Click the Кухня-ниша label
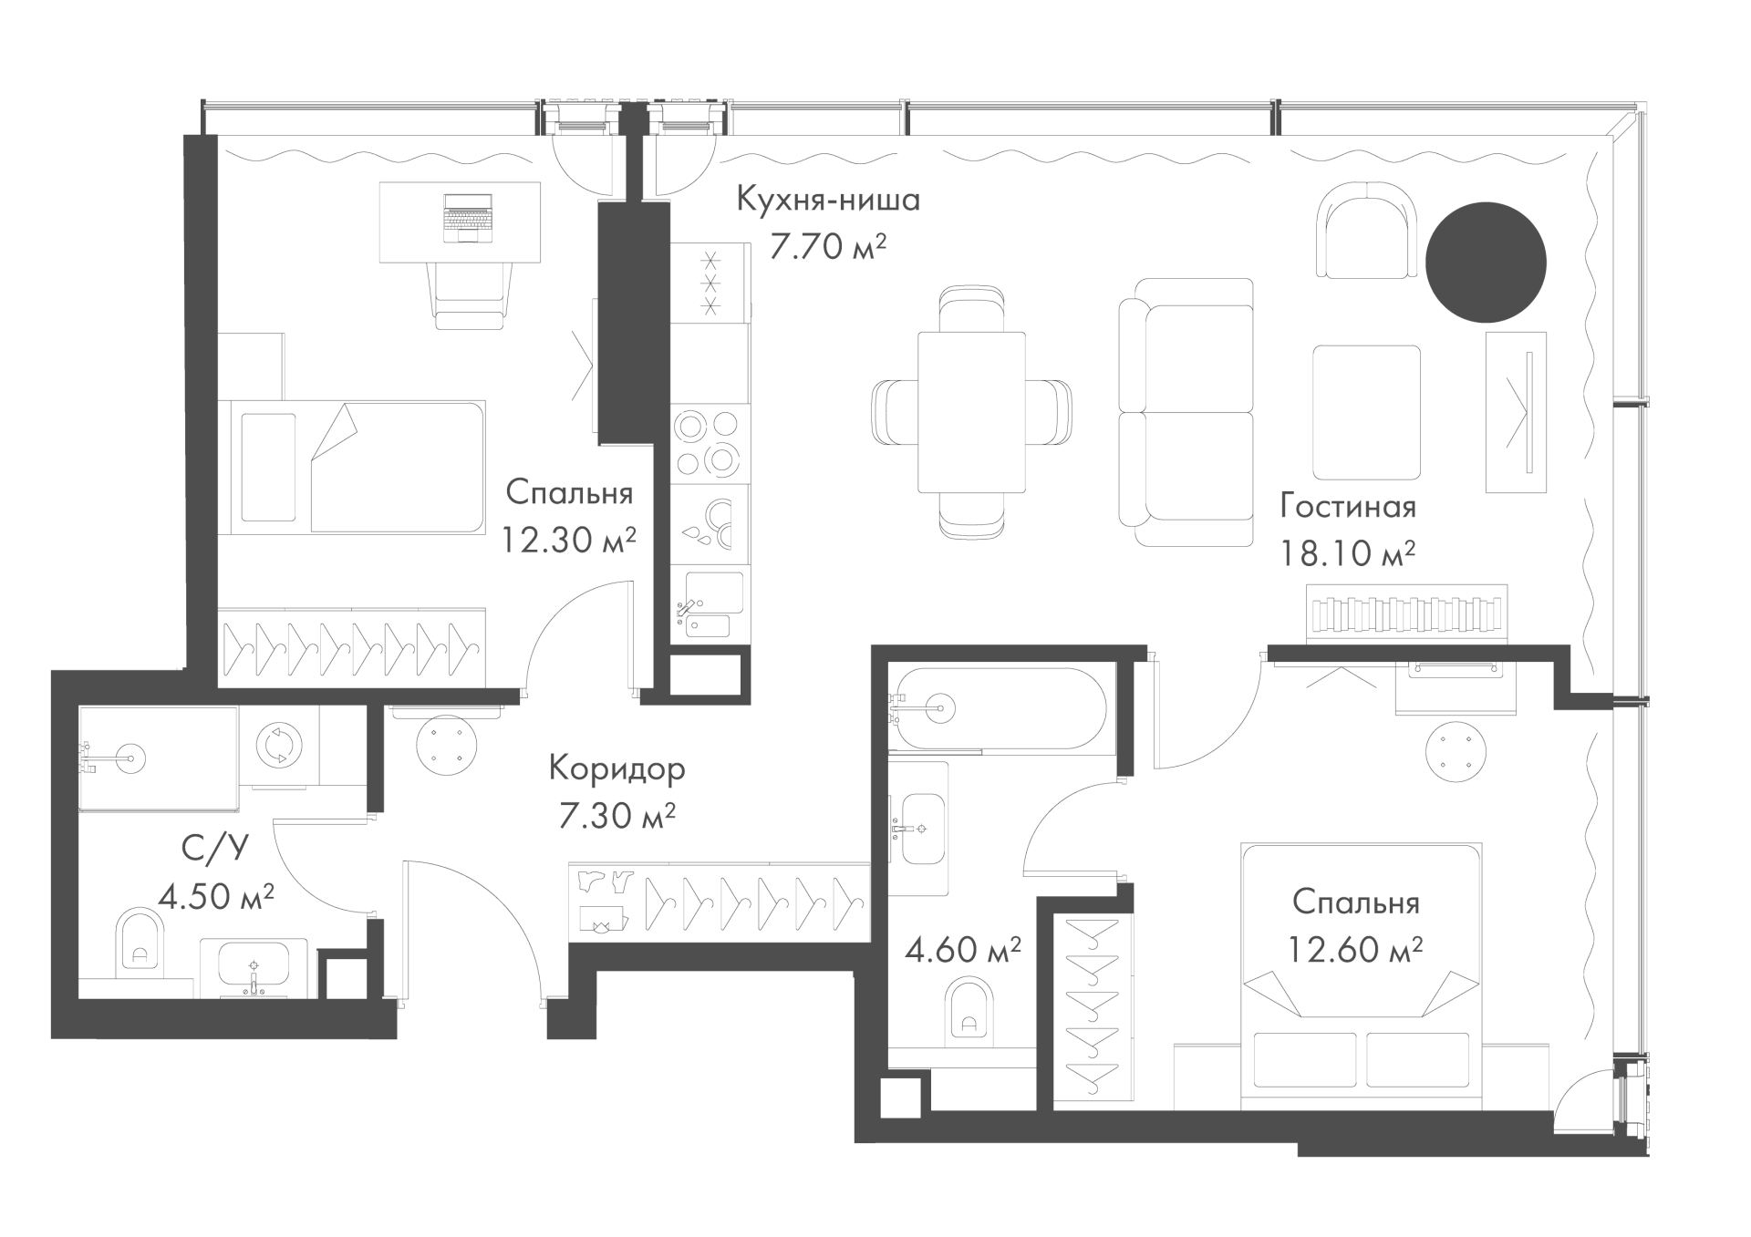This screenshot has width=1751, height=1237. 828,200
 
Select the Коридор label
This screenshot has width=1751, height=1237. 616,769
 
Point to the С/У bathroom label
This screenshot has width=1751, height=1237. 215,850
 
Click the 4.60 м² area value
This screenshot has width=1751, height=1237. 963,951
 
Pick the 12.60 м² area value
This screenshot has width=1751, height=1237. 1355,950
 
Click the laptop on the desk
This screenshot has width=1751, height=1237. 468,218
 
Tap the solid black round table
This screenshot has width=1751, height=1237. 1486,262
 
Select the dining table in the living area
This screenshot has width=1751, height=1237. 971,412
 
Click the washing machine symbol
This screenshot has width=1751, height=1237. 276,744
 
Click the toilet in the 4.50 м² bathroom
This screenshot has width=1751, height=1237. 140,942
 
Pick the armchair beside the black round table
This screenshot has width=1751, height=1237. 1367,230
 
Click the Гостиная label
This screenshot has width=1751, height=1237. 1348,507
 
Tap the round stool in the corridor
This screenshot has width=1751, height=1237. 447,744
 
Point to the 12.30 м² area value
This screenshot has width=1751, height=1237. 568,541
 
